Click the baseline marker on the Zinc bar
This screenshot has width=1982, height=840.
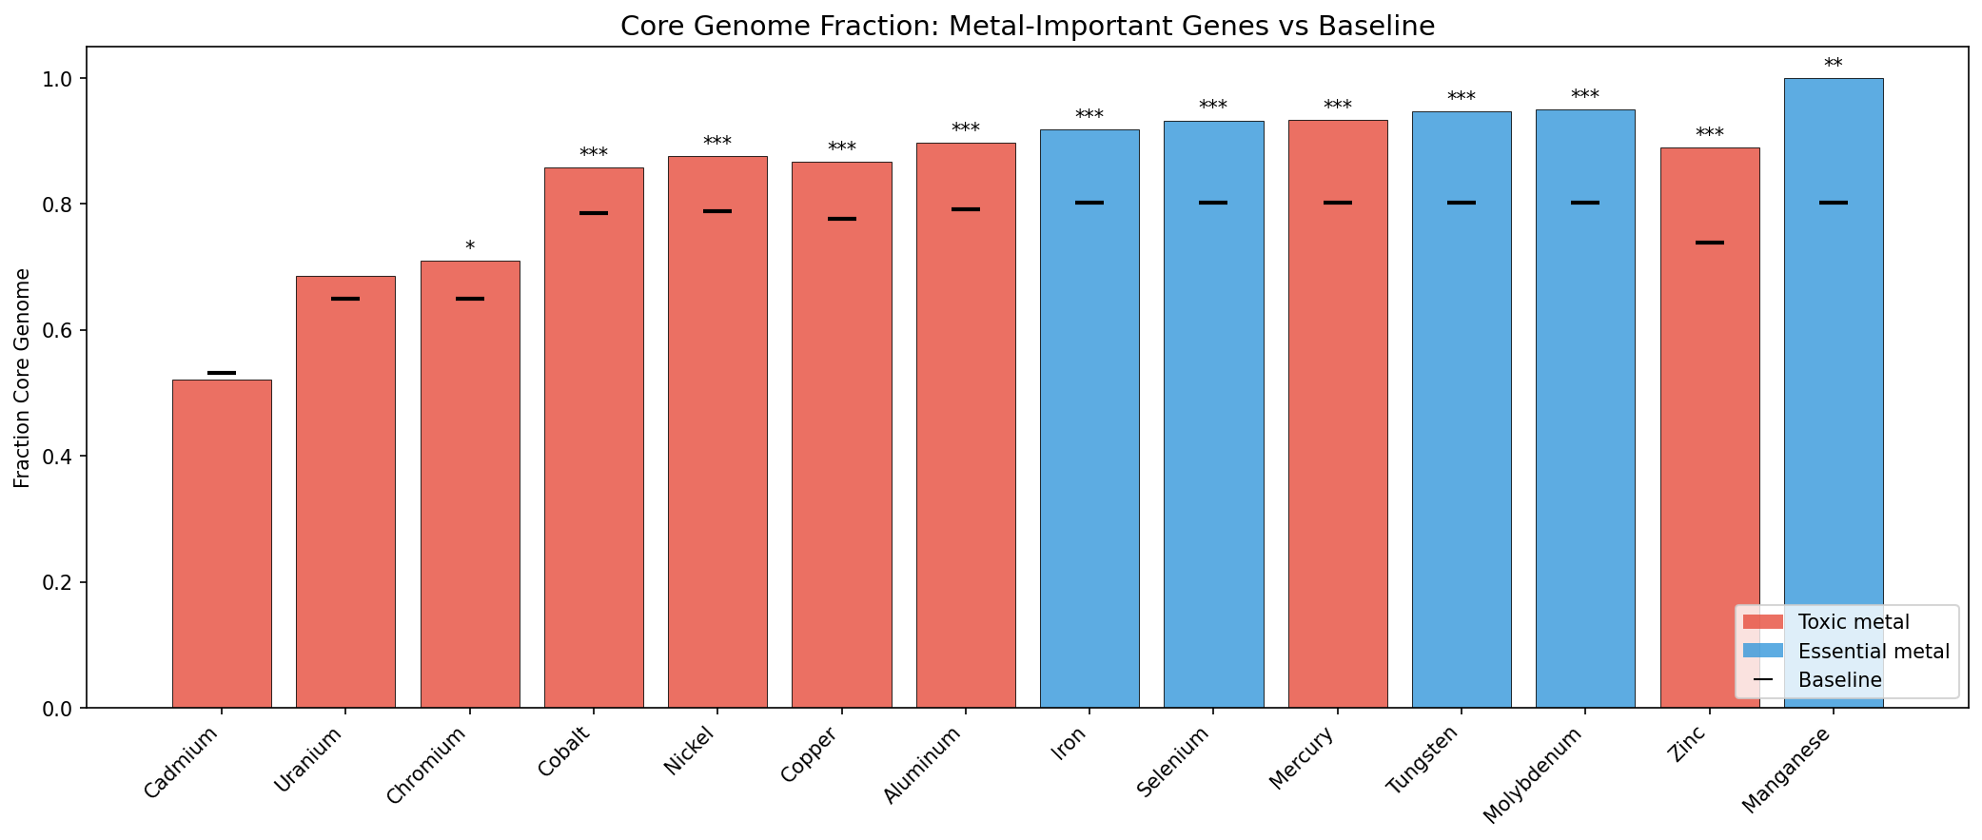point(1709,243)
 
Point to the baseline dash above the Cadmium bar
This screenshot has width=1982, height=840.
point(222,373)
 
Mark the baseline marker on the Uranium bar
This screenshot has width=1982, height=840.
point(345,299)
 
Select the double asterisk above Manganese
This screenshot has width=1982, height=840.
point(1833,65)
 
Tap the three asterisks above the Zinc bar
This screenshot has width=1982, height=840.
point(1709,134)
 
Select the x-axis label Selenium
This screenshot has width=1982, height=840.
point(1174,761)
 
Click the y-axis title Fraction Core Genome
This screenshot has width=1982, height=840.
point(23,378)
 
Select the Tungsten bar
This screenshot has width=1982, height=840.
point(1461,409)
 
